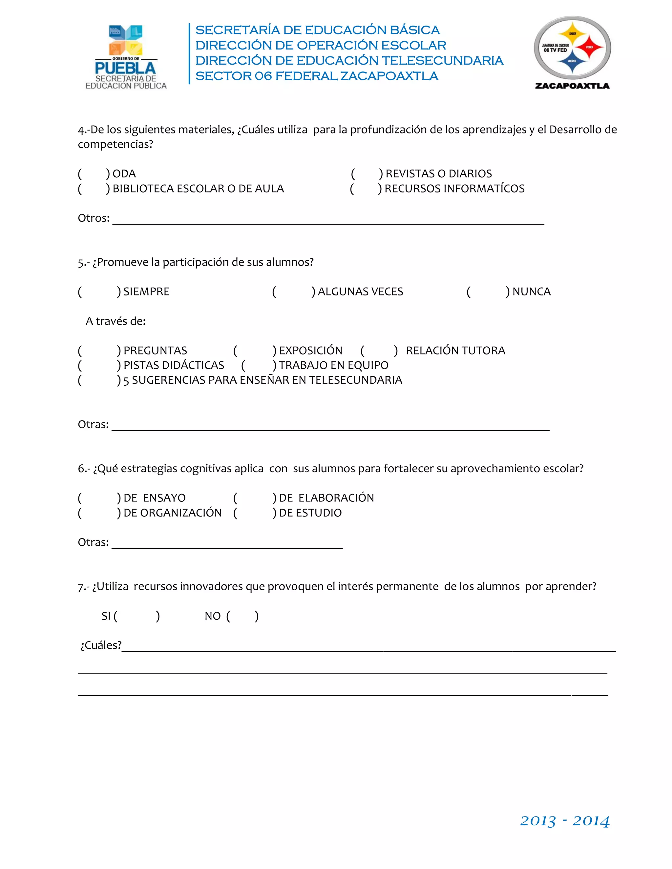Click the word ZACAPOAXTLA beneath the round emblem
click(x=572, y=86)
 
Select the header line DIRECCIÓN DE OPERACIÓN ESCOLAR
click(x=321, y=45)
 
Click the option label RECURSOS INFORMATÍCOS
click(x=454, y=189)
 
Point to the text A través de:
click(x=115, y=321)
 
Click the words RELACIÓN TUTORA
click(x=455, y=351)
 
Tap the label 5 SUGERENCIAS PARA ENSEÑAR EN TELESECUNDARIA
click(x=263, y=380)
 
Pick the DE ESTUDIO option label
click(x=310, y=513)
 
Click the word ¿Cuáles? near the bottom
click(x=101, y=645)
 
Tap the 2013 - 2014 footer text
click(x=564, y=821)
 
